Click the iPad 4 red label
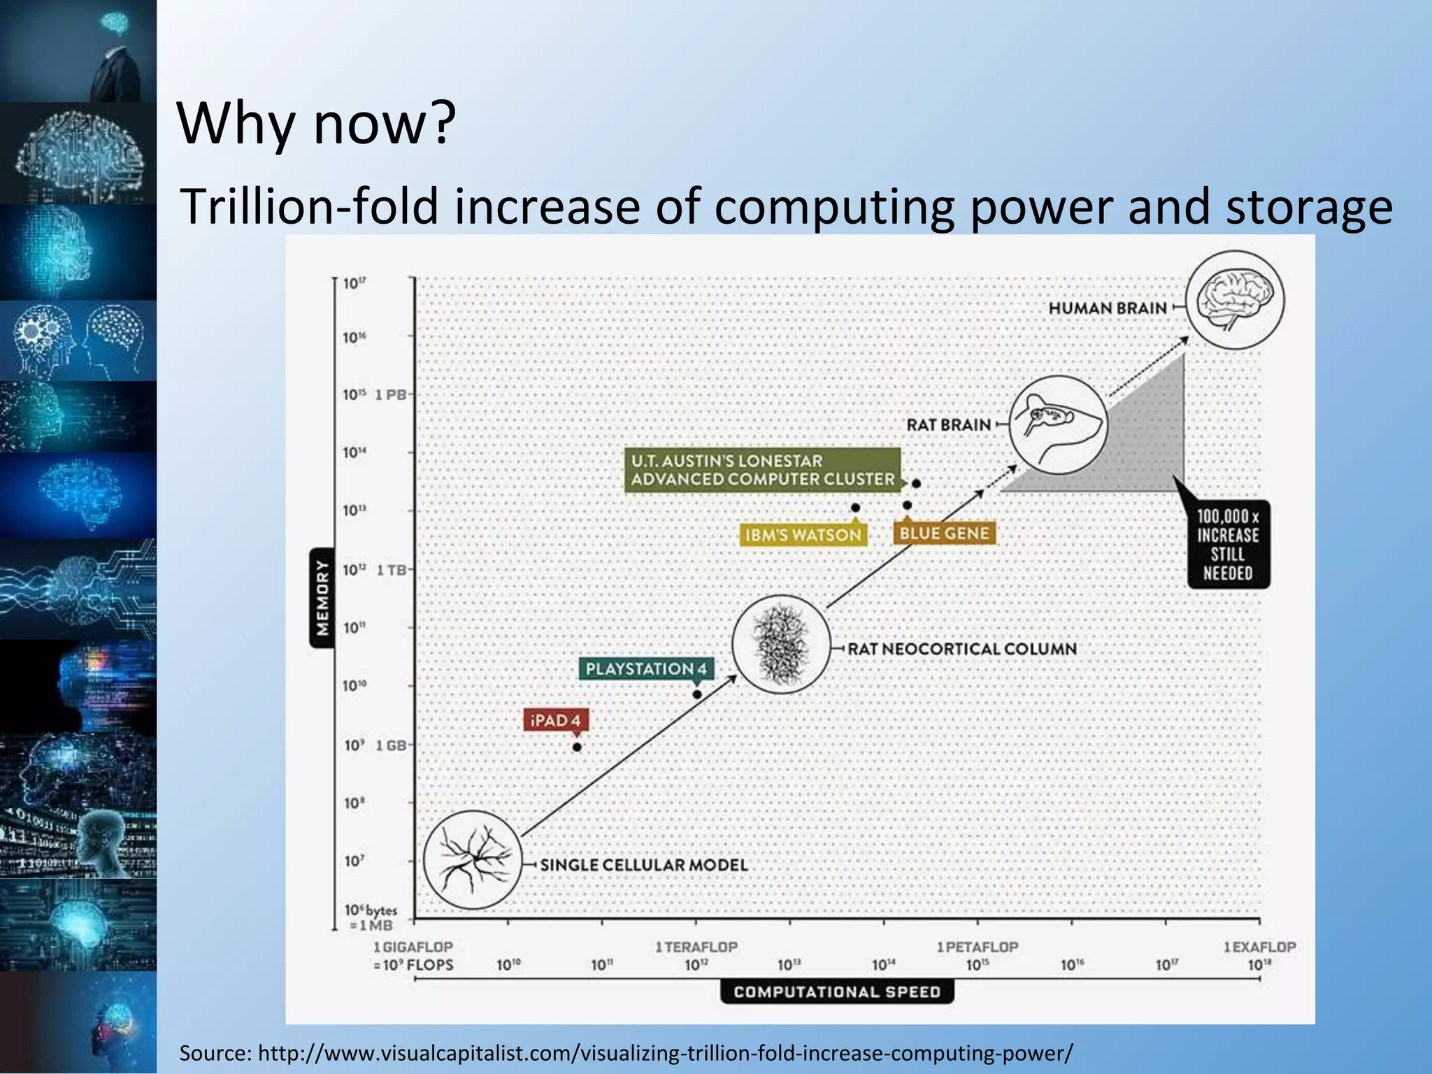click(556, 720)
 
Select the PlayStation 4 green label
click(645, 668)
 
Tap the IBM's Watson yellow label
click(803, 535)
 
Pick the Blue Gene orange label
click(944, 534)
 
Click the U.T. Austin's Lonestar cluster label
click(762, 470)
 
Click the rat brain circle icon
click(1059, 424)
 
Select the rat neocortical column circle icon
click(781, 644)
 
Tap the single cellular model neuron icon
click(473, 859)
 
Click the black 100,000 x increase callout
click(1228, 545)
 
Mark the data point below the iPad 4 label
click(577, 747)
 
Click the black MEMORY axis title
click(322, 597)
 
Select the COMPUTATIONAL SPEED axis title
click(837, 991)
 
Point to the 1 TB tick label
click(392, 570)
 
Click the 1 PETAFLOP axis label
click(978, 947)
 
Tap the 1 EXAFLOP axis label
click(1259, 947)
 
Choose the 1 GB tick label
click(391, 745)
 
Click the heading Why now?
click(317, 123)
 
